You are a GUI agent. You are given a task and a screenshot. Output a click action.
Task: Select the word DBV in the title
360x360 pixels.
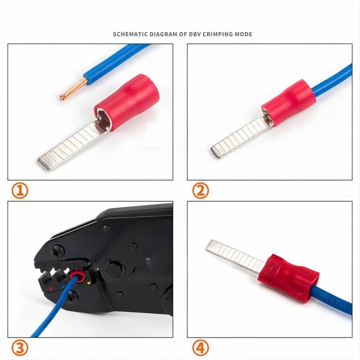point(195,34)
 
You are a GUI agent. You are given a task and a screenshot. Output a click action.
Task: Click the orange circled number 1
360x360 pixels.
point(20,190)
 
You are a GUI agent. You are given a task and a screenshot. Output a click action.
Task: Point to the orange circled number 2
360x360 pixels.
point(201,190)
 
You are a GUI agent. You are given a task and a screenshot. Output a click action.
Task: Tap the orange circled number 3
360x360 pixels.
point(20,348)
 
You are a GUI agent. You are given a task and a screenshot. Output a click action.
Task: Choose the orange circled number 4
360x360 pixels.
point(201,348)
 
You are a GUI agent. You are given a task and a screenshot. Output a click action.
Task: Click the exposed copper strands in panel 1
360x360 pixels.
point(73,90)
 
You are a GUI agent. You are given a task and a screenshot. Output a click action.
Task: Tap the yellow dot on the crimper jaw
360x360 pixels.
point(89,283)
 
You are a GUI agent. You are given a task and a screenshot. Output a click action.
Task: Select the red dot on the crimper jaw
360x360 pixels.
point(50,289)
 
